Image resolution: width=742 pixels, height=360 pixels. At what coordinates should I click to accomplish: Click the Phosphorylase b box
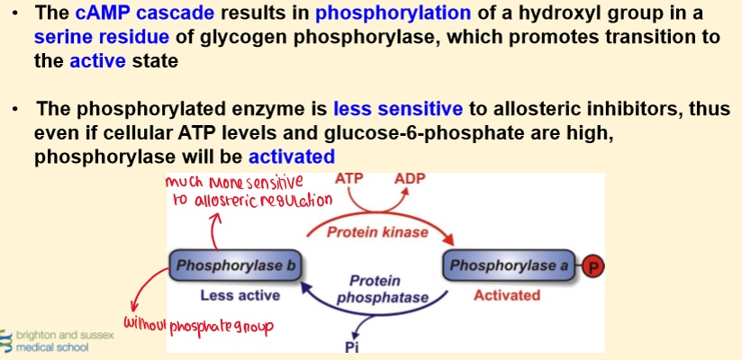coord(235,265)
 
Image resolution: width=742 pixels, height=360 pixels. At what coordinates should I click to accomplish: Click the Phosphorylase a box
coord(509,265)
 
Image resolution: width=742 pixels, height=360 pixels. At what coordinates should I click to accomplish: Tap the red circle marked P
coord(593,266)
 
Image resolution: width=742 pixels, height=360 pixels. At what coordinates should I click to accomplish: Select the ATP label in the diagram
coord(348,179)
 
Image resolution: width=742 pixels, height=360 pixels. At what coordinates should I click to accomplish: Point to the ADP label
coord(411,179)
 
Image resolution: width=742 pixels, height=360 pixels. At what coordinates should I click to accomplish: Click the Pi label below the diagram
coord(351,346)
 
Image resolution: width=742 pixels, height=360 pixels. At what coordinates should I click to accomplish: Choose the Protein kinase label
coord(378,232)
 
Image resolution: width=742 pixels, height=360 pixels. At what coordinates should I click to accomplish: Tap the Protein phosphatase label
coord(382,289)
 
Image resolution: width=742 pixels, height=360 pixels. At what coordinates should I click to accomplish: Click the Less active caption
coord(240,296)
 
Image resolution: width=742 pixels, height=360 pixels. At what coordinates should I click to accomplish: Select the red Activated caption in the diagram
coord(507,296)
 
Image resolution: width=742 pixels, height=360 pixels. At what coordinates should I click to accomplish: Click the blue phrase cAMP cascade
coord(145,13)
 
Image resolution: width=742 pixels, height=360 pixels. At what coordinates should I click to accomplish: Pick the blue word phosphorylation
coord(394,13)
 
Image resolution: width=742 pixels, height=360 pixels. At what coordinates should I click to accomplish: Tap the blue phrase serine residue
coord(101,37)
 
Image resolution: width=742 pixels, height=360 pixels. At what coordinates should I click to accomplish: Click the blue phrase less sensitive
coord(398,109)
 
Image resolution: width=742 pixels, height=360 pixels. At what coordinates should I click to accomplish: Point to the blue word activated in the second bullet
coord(292,157)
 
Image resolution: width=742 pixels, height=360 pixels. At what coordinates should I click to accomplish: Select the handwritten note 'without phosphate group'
coord(199,325)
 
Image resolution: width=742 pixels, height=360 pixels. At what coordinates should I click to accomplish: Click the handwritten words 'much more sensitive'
coord(234,184)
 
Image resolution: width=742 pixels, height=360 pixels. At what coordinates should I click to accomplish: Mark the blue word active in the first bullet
coord(98,61)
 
